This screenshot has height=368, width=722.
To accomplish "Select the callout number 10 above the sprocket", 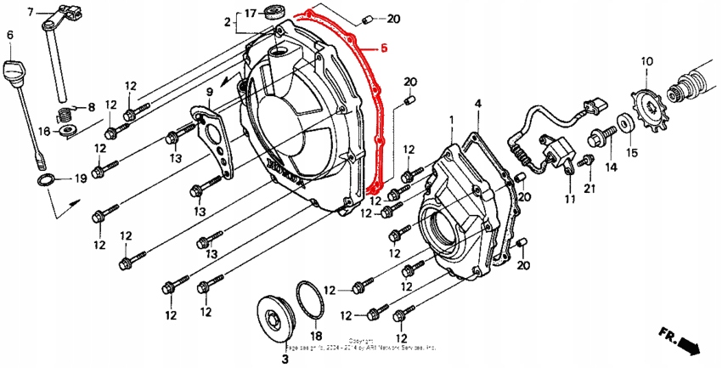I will pos(646,61).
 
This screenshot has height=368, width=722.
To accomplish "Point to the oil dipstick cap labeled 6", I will pos(13,68).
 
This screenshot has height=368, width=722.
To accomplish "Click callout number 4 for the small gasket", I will pos(477,105).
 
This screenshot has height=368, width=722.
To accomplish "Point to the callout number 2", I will pos(227,20).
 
